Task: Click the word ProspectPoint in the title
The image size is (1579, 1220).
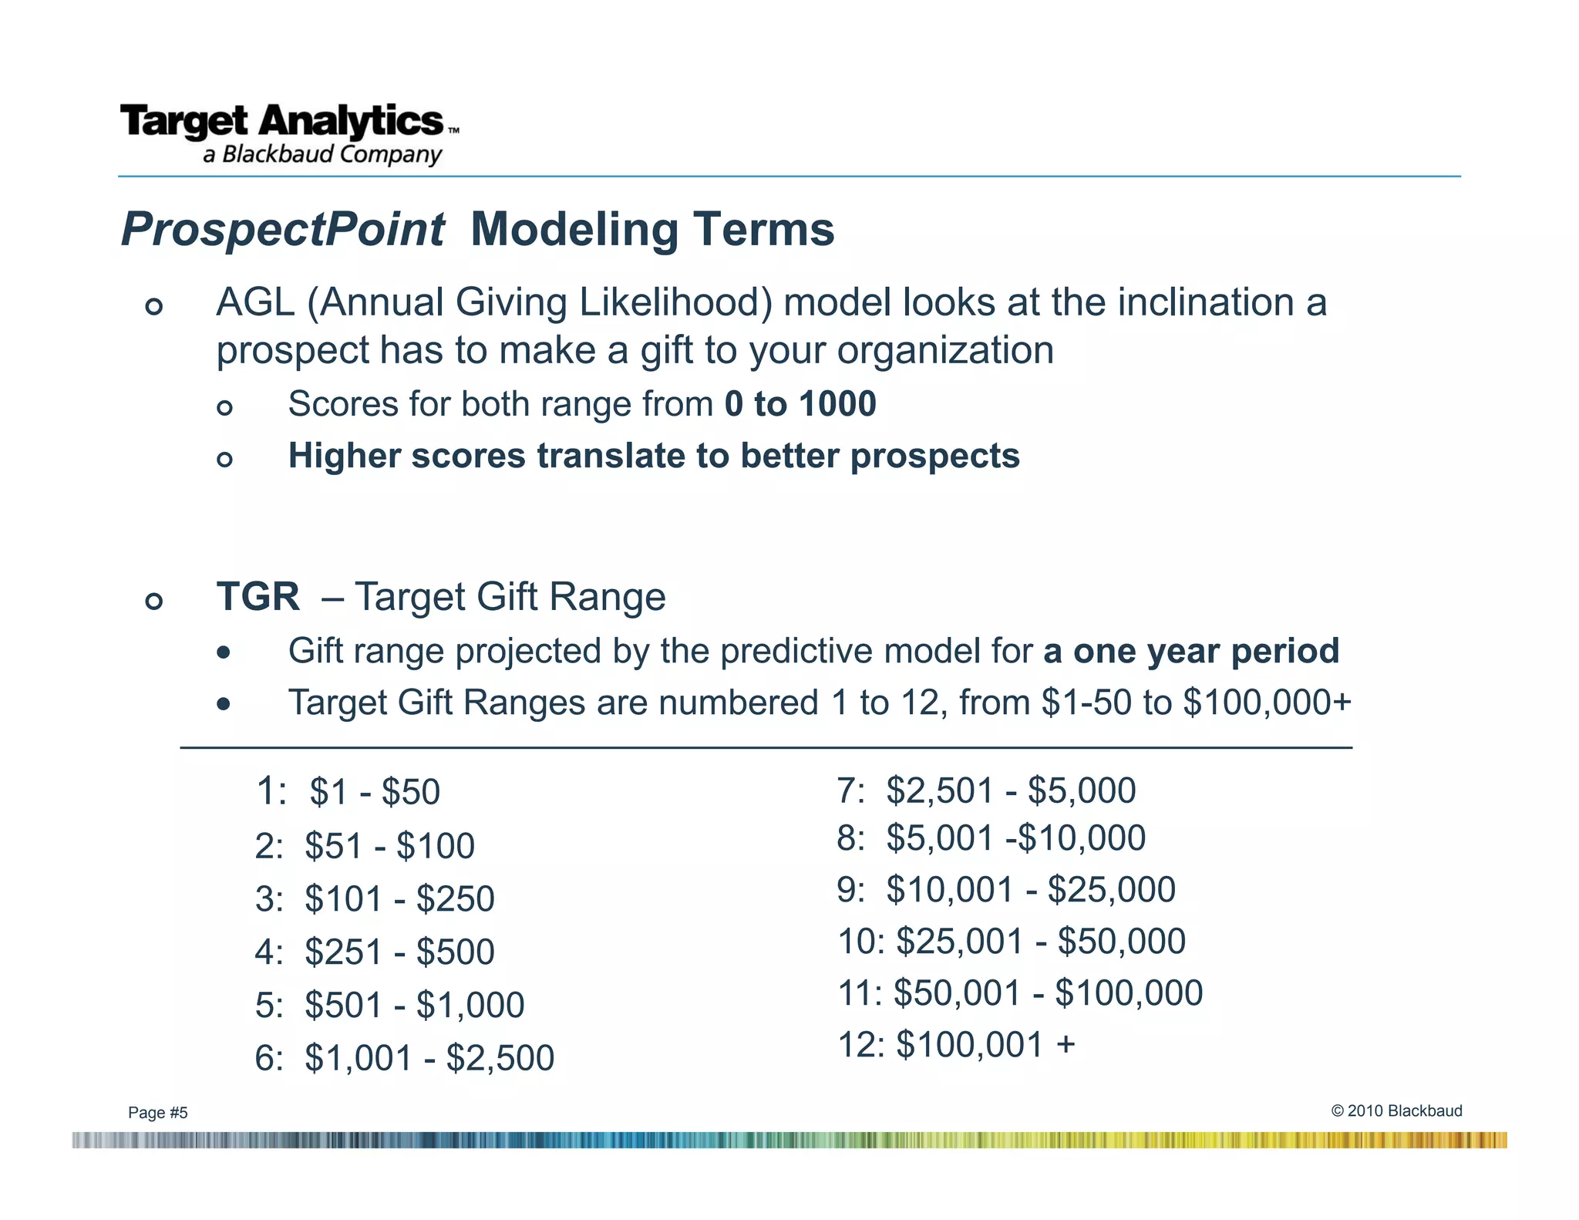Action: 282,230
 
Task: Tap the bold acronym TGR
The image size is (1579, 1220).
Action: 258,597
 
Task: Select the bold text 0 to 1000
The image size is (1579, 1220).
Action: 800,404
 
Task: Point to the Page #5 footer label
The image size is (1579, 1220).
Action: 158,1112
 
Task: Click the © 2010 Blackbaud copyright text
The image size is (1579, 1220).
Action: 1396,1110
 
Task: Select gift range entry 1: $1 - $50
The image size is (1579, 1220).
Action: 348,792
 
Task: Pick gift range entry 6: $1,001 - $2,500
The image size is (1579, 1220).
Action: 404,1058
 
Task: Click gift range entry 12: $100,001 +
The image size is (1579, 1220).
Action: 956,1045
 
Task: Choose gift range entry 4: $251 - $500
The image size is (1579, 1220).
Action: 375,952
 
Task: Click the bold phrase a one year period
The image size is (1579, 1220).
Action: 1191,651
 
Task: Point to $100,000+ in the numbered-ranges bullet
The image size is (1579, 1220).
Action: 1267,703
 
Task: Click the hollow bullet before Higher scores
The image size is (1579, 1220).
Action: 224,460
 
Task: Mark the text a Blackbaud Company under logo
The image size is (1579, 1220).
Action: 322,154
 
